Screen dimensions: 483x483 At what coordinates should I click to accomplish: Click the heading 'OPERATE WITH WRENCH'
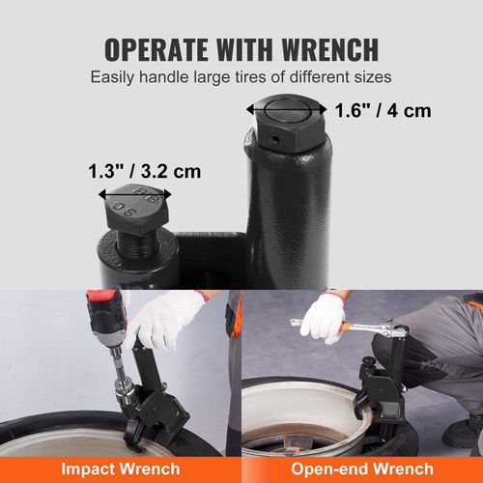click(241, 49)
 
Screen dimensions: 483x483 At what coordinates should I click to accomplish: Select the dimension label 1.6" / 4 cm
click(383, 110)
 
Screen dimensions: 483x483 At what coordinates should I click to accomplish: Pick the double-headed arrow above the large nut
click(286, 109)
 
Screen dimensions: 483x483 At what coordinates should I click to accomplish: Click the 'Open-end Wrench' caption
click(362, 469)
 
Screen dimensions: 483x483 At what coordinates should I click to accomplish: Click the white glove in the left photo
click(164, 319)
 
